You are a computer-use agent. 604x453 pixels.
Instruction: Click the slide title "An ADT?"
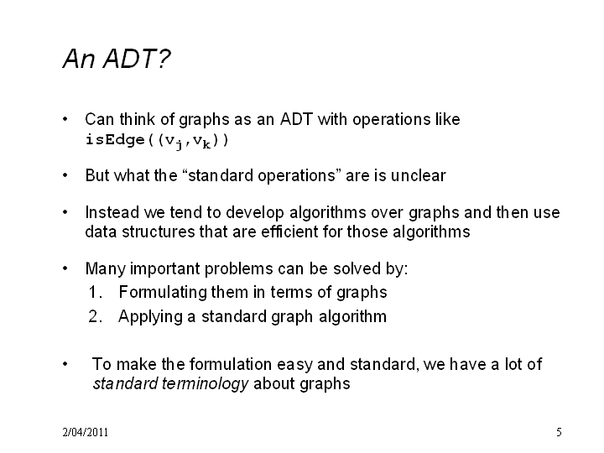click(117, 59)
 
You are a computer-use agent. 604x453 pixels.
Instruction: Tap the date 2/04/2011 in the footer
click(85, 432)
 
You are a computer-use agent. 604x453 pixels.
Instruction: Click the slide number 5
click(559, 432)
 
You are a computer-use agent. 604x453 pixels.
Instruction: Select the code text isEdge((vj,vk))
click(157, 141)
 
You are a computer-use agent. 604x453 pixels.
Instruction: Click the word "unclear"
click(418, 175)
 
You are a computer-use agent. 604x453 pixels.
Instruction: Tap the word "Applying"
click(151, 317)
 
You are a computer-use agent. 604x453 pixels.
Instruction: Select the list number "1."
click(95, 293)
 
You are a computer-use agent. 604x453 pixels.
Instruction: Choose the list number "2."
click(95, 316)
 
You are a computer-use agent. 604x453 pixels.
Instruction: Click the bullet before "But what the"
click(65, 175)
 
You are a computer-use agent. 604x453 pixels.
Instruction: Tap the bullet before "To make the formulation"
click(65, 364)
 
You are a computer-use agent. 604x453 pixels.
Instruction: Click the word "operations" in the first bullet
click(392, 120)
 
